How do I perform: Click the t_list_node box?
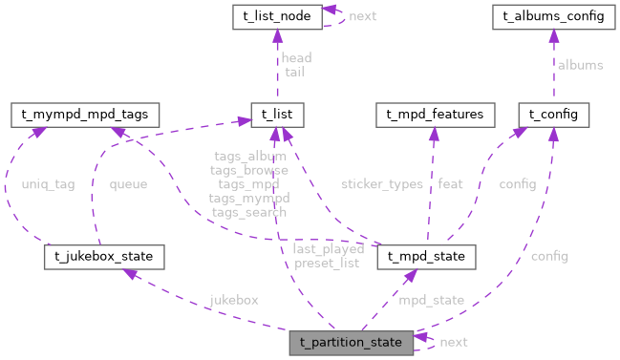click(277, 16)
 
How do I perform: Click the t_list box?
click(277, 115)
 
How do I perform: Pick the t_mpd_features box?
click(435, 115)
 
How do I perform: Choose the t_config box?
click(553, 115)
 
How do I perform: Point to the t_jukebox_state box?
click(104, 257)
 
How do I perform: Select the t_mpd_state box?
click(426, 257)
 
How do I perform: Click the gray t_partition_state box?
click(352, 341)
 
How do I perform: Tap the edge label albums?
click(581, 65)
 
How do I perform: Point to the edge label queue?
click(128, 184)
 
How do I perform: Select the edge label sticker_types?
click(382, 184)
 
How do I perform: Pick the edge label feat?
click(450, 184)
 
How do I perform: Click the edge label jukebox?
click(234, 300)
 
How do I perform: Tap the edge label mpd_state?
click(432, 300)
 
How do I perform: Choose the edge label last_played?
click(329, 248)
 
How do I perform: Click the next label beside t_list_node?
click(364, 16)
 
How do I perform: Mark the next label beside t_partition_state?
click(454, 341)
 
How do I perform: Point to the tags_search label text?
click(248, 212)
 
